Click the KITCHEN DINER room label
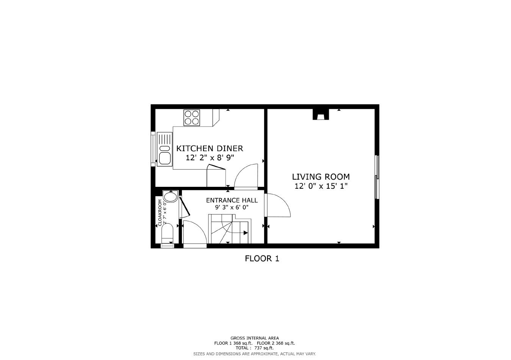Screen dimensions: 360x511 (x=209, y=149)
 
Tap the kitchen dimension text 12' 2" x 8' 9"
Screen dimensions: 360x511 (x=210, y=158)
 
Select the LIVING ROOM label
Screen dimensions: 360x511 (x=320, y=177)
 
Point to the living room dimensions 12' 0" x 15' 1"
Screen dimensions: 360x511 (x=321, y=186)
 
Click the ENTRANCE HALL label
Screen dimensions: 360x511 (x=231, y=200)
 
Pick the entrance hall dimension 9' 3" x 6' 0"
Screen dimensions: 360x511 (x=231, y=207)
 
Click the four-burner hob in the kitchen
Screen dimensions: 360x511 (x=192, y=117)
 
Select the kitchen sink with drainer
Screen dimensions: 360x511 (x=164, y=149)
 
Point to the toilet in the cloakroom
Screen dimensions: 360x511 (x=167, y=235)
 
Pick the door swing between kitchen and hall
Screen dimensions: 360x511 (x=246, y=176)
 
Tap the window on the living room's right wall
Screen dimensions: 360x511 (x=377, y=177)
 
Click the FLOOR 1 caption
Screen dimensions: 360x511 (x=262, y=259)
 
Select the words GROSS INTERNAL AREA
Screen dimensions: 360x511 (x=255, y=338)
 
